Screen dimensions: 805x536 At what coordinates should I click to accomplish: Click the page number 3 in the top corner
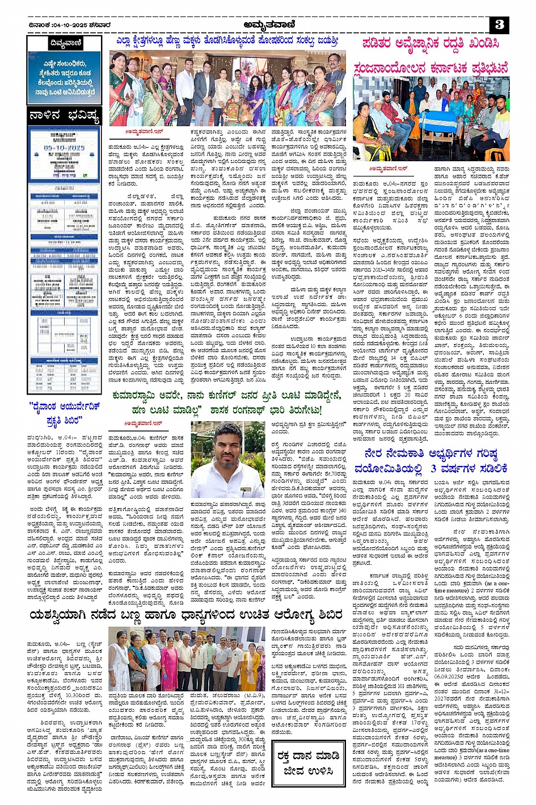pos(499,24)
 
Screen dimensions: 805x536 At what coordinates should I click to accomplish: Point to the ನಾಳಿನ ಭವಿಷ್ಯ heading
pos(64,116)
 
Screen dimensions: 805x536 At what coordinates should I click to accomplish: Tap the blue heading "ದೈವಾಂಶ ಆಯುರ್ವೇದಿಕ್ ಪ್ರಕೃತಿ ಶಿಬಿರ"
pos(64,413)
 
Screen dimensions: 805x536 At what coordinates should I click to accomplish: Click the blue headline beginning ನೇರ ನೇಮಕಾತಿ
pos(431,460)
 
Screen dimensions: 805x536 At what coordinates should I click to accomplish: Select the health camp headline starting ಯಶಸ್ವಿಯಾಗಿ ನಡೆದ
pos(186,615)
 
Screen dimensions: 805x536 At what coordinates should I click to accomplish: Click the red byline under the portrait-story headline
pos(143,423)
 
